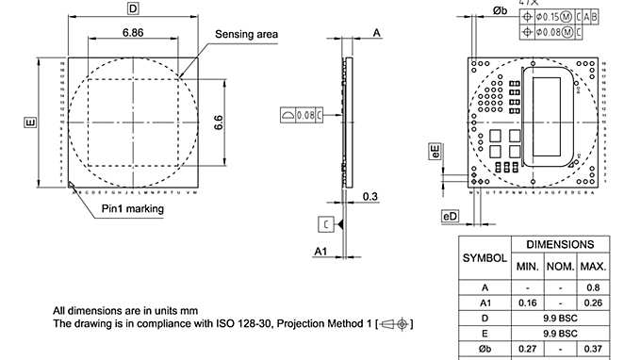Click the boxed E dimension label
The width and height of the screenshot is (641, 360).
pyautogui.click(x=30, y=122)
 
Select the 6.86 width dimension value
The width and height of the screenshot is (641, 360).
pyautogui.click(x=132, y=32)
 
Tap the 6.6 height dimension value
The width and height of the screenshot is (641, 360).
pyautogui.click(x=219, y=124)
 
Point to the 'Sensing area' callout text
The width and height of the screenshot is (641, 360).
pyautogui.click(x=247, y=34)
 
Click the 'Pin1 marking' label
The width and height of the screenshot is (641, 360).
pyautogui.click(x=133, y=208)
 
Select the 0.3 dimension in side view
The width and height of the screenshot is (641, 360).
pyautogui.click(x=370, y=197)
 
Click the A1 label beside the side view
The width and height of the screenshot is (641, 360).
pyautogui.click(x=320, y=252)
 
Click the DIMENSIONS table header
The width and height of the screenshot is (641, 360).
pyautogui.click(x=560, y=243)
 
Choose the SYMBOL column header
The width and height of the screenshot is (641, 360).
pyautogui.click(x=485, y=257)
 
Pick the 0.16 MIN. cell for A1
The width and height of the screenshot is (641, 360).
pyautogui.click(x=527, y=303)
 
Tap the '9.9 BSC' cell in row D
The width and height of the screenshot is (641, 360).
pyautogui.click(x=560, y=319)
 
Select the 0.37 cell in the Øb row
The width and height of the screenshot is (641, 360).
pyautogui.click(x=594, y=350)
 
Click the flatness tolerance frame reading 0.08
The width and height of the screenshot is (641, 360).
pyautogui.click(x=302, y=115)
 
